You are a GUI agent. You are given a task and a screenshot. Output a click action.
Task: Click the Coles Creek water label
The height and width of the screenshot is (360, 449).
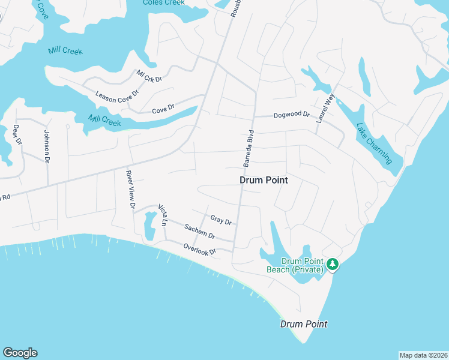(x=164, y=2)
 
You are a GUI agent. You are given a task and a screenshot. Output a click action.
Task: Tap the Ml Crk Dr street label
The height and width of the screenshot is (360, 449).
(x=149, y=77)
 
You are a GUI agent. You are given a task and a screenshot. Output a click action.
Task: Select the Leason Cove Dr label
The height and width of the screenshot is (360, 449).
(x=117, y=94)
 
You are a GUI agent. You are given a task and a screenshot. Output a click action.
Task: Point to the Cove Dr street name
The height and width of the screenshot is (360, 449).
(x=163, y=109)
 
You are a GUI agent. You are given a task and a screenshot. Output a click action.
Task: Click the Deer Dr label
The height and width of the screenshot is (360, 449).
(x=17, y=134)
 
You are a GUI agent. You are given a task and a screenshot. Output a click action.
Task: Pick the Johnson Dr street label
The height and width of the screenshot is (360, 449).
(x=46, y=145)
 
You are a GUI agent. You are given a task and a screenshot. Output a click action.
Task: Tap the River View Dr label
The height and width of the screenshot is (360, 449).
(x=130, y=190)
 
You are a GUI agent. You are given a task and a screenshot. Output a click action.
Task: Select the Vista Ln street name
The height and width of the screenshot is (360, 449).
(x=162, y=215)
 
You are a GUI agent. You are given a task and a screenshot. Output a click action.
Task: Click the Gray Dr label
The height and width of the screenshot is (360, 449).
(x=221, y=220)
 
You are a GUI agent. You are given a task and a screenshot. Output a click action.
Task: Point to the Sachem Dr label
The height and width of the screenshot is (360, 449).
(x=200, y=232)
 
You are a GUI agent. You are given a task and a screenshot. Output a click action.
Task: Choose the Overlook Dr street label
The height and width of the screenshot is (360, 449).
(x=199, y=249)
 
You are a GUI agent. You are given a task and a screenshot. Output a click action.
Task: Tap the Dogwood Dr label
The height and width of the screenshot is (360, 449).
(x=291, y=115)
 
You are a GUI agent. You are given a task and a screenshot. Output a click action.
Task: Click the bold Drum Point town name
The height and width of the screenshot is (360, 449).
(x=264, y=180)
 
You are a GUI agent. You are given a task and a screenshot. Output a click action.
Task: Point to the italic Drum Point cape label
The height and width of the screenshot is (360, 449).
(x=304, y=324)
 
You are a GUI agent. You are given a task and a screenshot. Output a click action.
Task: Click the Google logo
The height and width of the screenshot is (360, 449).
(x=20, y=353)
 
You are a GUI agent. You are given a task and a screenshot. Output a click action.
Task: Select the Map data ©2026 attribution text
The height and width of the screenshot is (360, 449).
(x=423, y=355)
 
